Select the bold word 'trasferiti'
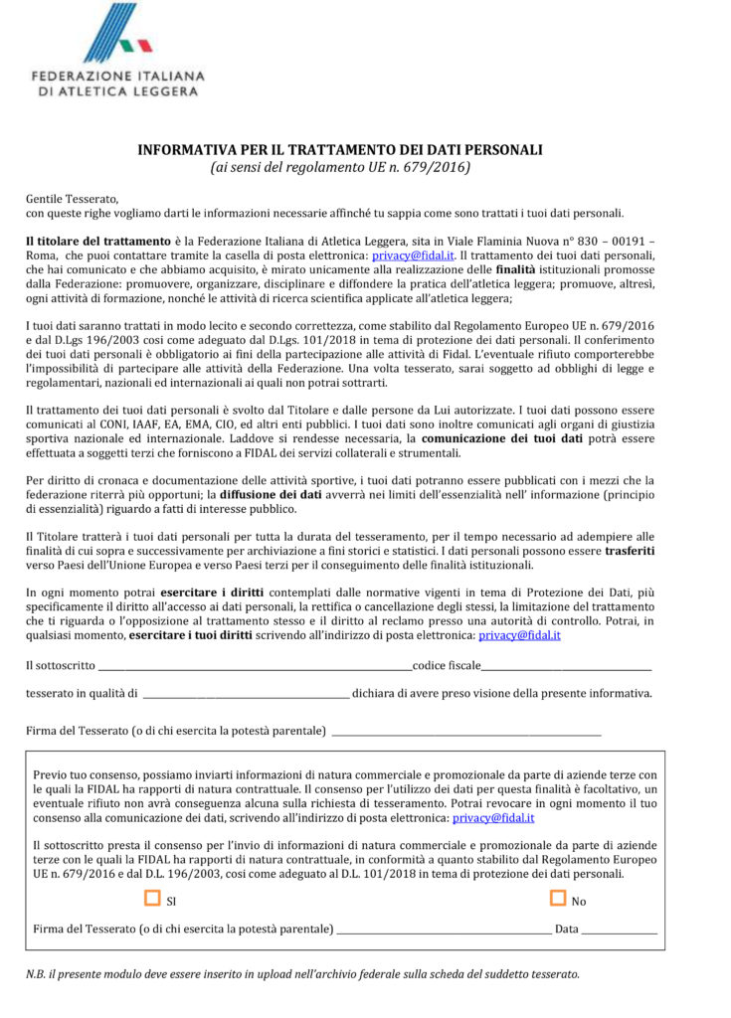[x=627, y=550]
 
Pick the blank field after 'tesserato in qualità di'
[x=245, y=693]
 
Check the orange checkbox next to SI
[x=152, y=899]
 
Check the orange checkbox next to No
[x=558, y=899]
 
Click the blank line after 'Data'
[x=619, y=929]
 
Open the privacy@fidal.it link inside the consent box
[x=493, y=817]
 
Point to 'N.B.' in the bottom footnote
[x=37, y=973]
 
